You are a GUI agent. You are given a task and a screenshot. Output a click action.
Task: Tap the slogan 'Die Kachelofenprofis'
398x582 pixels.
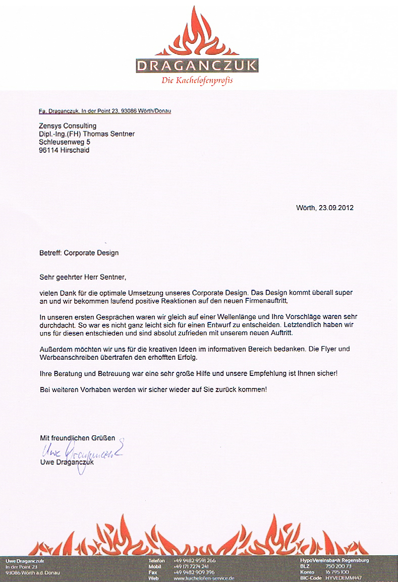click(197, 81)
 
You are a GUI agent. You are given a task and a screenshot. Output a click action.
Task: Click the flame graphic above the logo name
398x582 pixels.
click(197, 33)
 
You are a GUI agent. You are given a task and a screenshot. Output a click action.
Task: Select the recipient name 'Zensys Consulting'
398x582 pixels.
click(68, 125)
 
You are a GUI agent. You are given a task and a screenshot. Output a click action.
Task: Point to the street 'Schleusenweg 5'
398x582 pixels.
click(65, 142)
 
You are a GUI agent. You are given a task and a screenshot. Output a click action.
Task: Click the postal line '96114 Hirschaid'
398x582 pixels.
click(64, 150)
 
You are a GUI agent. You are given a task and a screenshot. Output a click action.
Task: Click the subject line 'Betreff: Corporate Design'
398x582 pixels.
click(79, 252)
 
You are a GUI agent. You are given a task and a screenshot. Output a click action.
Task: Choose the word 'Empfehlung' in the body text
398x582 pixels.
click(269, 373)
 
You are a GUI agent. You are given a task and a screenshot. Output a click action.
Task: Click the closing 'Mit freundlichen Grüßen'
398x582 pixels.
click(78, 438)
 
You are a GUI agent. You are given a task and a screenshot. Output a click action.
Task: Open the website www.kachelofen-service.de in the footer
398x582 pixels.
click(204, 578)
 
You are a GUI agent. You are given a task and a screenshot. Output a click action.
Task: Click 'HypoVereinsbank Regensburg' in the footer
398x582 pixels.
click(334, 560)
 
